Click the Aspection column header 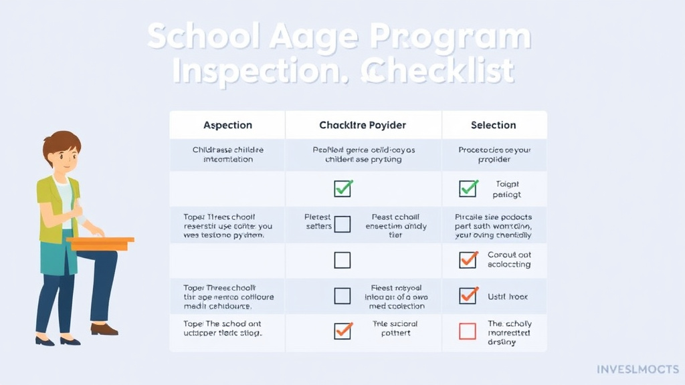coord(227,125)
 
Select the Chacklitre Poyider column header coord(363,125)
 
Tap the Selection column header coord(493,125)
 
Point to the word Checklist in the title coord(438,72)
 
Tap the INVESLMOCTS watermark coord(637,369)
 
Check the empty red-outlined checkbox coord(468,331)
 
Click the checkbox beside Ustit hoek coord(468,295)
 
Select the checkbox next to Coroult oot coord(468,259)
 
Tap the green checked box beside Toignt coord(468,188)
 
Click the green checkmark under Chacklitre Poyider coord(342,188)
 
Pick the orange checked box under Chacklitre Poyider coord(342,330)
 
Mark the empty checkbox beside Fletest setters coord(342,224)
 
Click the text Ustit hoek coord(508,295)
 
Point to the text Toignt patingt coord(508,189)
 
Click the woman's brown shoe coord(104,329)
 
